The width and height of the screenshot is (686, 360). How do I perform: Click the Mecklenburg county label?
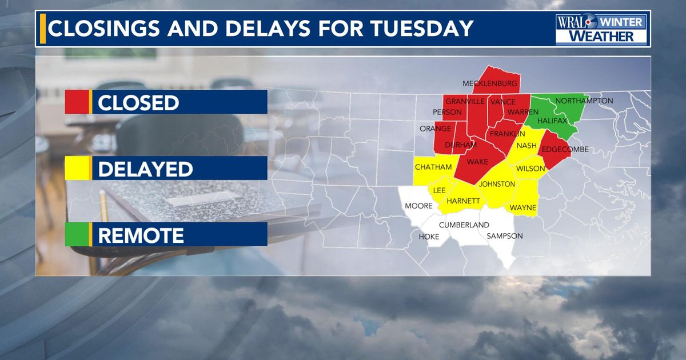490,83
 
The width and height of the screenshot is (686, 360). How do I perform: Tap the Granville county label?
465,101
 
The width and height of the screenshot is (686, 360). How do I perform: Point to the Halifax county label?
552,121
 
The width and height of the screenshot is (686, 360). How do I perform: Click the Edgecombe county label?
564,150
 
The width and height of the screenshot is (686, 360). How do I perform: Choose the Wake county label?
477,162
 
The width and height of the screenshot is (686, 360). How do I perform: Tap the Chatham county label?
433,167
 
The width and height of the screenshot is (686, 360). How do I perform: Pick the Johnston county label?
497,184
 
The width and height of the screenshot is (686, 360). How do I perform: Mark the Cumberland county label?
464,225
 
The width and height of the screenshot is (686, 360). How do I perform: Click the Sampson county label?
504,236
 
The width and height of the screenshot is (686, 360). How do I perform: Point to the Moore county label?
418,206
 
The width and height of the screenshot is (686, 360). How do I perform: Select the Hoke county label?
429,237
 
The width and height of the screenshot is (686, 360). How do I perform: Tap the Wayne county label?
523,207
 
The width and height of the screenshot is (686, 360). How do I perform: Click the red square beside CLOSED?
77,103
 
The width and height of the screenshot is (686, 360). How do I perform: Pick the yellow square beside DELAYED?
77,169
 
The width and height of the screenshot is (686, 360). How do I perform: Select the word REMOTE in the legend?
141,235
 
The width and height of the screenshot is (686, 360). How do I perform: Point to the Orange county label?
436,129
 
